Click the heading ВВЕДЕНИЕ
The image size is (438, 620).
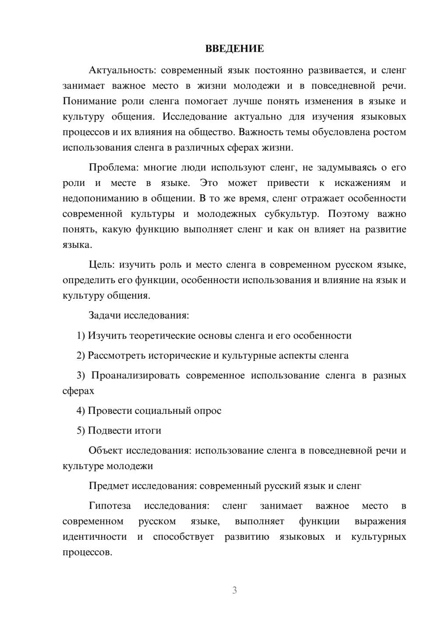(234, 49)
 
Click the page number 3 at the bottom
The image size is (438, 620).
(234, 590)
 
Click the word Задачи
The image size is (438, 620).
(105, 316)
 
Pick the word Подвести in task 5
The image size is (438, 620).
(106, 431)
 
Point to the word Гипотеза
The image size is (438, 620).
(110, 506)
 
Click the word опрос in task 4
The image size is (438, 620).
(208, 411)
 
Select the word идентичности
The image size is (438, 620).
(95, 537)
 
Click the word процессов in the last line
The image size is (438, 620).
(87, 552)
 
